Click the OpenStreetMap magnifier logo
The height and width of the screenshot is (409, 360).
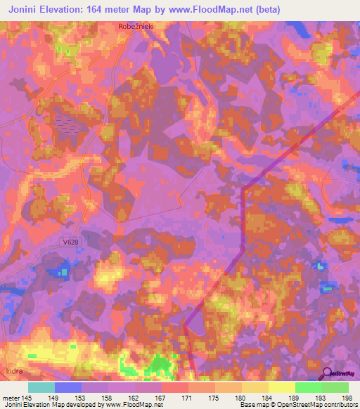pos(326,375)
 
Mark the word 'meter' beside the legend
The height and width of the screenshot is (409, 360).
pos(10,398)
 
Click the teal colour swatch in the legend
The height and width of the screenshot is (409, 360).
pos(41,387)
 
